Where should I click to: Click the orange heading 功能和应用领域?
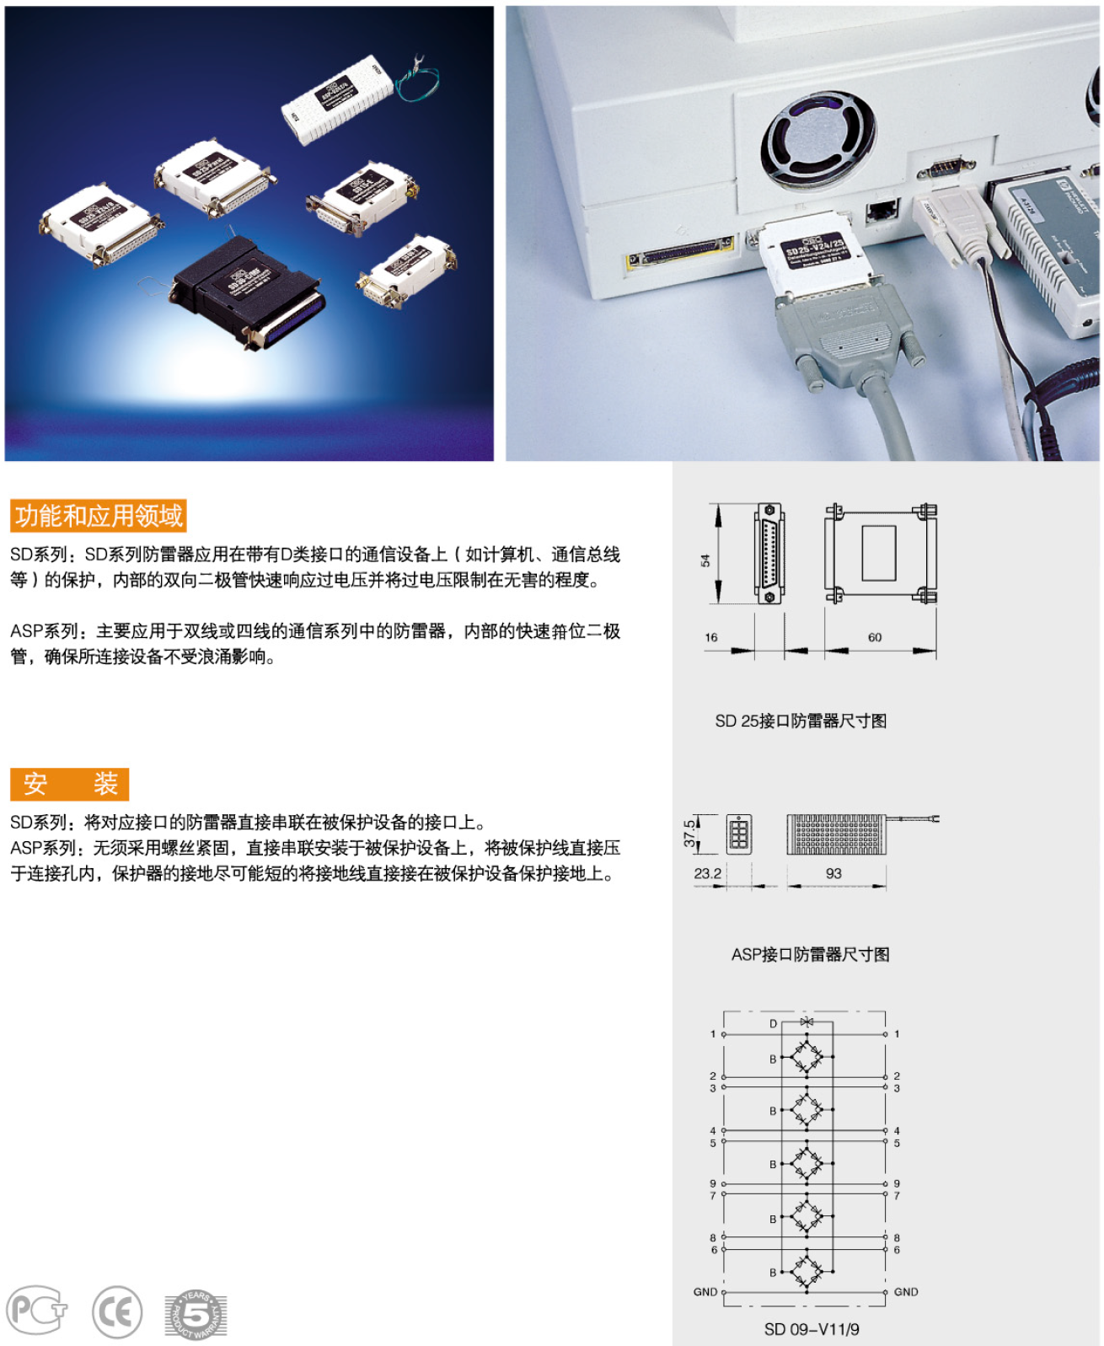click(98, 515)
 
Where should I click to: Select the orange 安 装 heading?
click(69, 783)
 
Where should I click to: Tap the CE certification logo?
click(116, 1311)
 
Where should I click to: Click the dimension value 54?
click(705, 560)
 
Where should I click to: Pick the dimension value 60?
click(875, 637)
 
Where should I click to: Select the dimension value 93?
click(833, 873)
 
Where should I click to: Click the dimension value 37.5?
click(690, 833)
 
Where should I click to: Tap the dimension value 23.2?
click(707, 873)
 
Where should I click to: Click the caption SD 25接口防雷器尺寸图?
click(800, 721)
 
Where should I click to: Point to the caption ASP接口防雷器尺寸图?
click(810, 954)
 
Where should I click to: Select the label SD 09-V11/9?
click(811, 1329)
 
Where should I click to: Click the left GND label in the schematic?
click(705, 1291)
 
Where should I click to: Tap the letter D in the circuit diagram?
click(773, 1023)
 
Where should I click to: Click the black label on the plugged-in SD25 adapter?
click(813, 251)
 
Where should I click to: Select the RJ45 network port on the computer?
click(882, 209)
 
